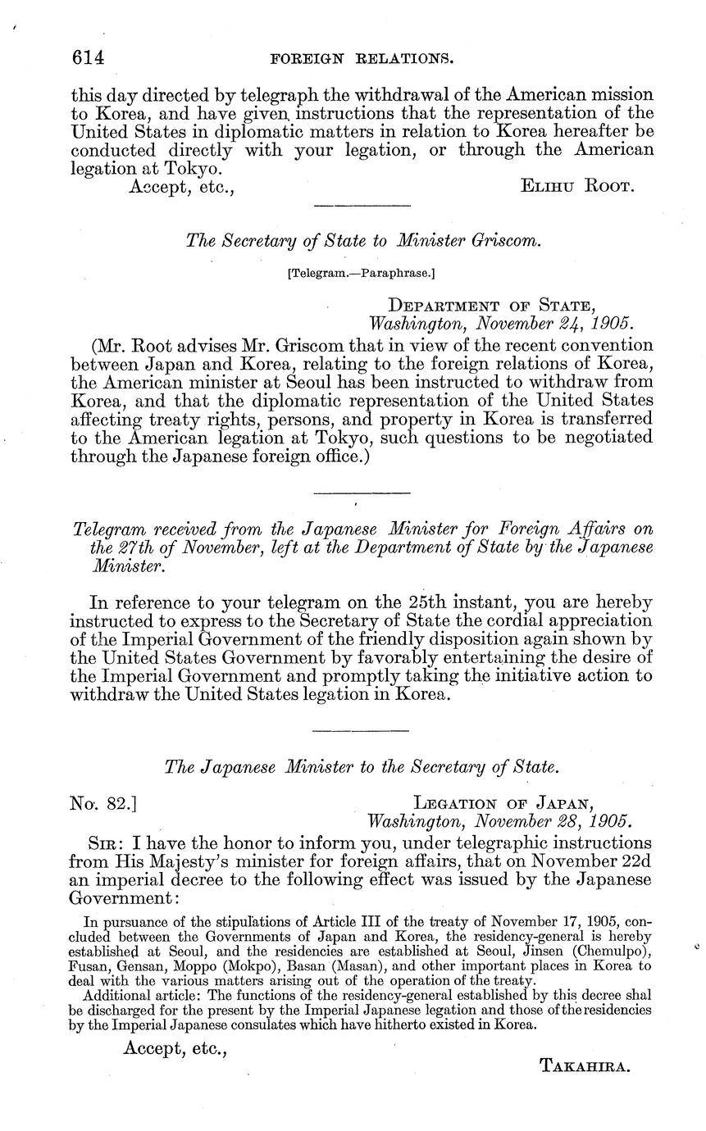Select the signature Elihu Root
click(x=577, y=186)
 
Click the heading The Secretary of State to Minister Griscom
click(x=364, y=239)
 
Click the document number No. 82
click(x=103, y=802)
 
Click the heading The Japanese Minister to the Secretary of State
click(x=362, y=767)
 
